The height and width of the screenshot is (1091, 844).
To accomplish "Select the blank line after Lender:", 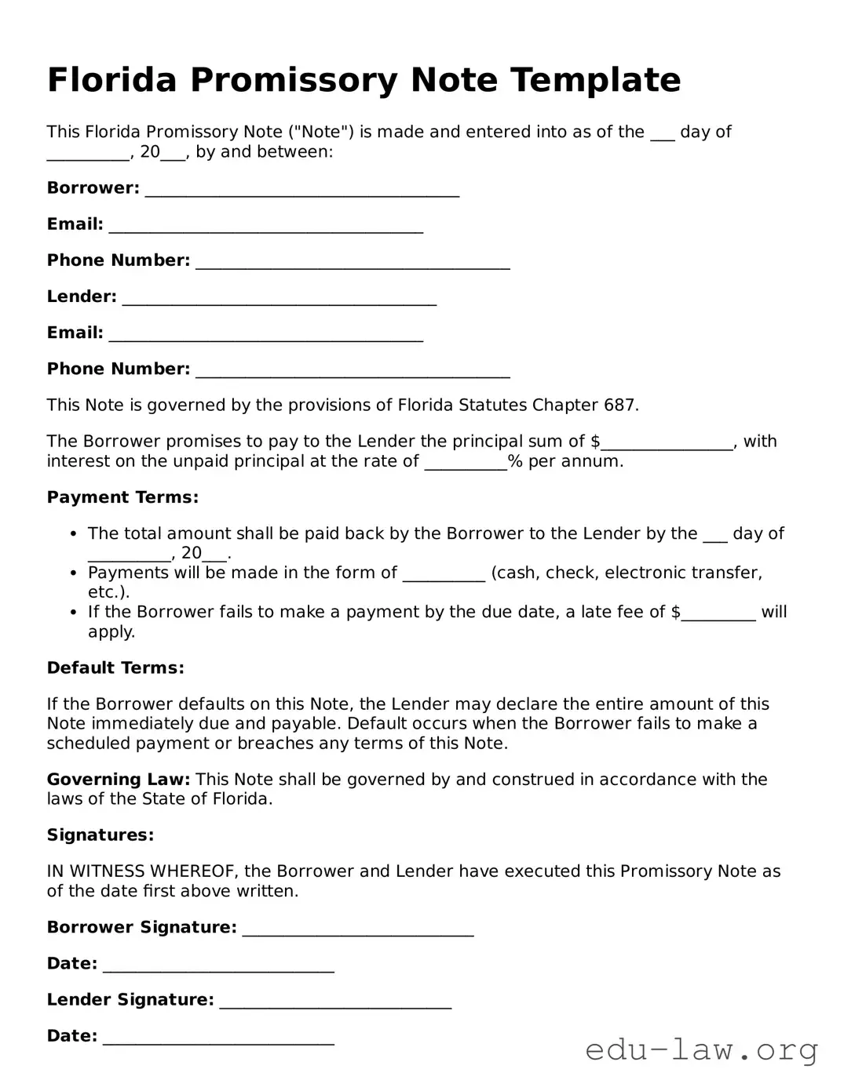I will click(280, 299).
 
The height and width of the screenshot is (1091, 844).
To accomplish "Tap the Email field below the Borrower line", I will click(266, 227).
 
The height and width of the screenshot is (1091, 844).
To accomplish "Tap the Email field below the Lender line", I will click(266, 335).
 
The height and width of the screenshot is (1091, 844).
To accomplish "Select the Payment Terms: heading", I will click(122, 497).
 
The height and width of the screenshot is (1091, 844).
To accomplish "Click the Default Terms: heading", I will click(115, 668).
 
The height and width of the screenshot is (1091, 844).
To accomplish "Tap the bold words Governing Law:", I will click(119, 780).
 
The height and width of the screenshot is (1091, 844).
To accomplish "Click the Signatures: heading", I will click(100, 835).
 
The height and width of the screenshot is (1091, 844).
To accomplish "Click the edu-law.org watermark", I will click(701, 1049).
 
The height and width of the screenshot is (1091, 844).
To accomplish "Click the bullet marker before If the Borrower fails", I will click(73, 613).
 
